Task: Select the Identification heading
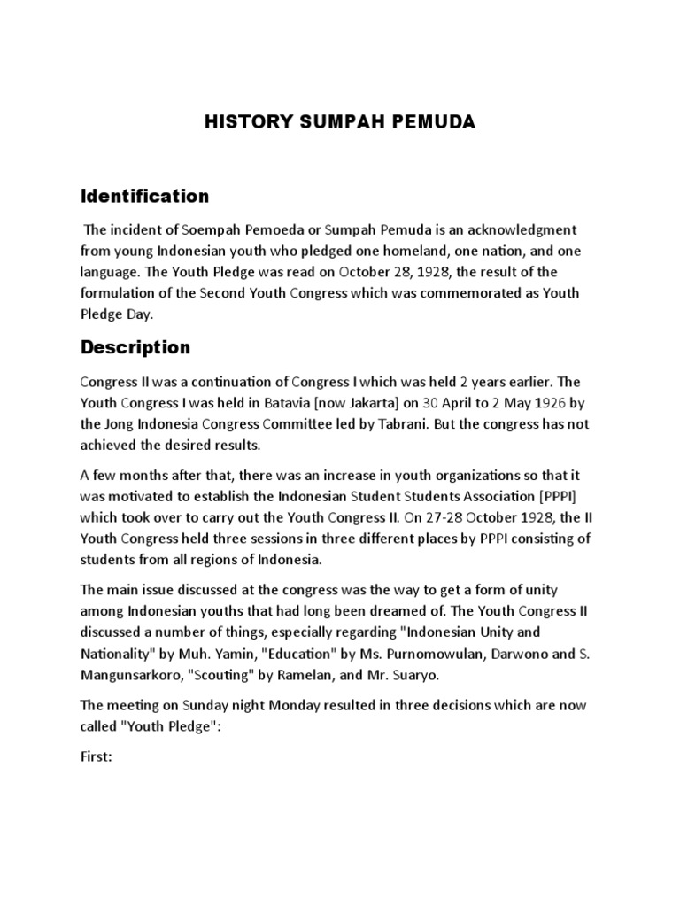click(145, 196)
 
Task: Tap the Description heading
click(135, 347)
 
